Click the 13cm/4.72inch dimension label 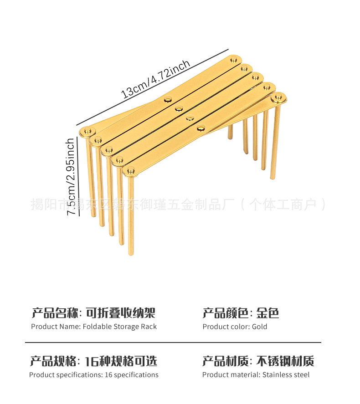pyautogui.click(x=156, y=79)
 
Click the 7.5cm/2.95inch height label pyautogui.click(x=71, y=177)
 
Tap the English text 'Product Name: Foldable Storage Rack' pyautogui.click(x=94, y=327)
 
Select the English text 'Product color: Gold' pyautogui.click(x=235, y=327)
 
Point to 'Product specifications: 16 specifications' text pyautogui.click(x=94, y=375)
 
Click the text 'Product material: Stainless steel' pyautogui.click(x=256, y=375)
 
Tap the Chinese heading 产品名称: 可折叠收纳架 pyautogui.click(x=93, y=313)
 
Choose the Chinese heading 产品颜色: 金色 pyautogui.click(x=241, y=313)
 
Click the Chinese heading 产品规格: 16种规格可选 pyautogui.click(x=93, y=361)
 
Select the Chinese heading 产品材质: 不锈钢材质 pyautogui.click(x=258, y=361)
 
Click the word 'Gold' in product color pyautogui.click(x=259, y=327)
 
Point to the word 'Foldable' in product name pyautogui.click(x=96, y=327)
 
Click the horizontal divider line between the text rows pyautogui.click(x=173, y=342)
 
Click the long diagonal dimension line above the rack pyautogui.click(x=152, y=87)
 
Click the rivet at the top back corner pyautogui.click(x=235, y=60)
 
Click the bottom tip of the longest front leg pyautogui.click(x=131, y=253)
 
